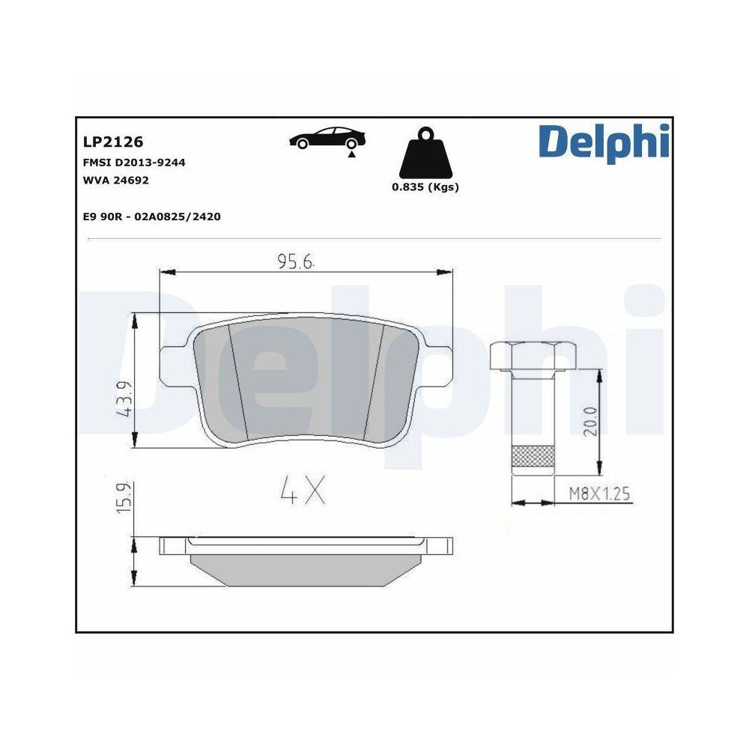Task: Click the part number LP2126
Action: click(112, 142)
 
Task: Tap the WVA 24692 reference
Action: click(115, 181)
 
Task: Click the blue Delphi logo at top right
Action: click(603, 142)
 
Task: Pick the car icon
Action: click(327, 138)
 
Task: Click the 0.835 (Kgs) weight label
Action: click(425, 187)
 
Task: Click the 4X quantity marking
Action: click(303, 490)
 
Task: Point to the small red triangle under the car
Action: click(350, 154)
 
